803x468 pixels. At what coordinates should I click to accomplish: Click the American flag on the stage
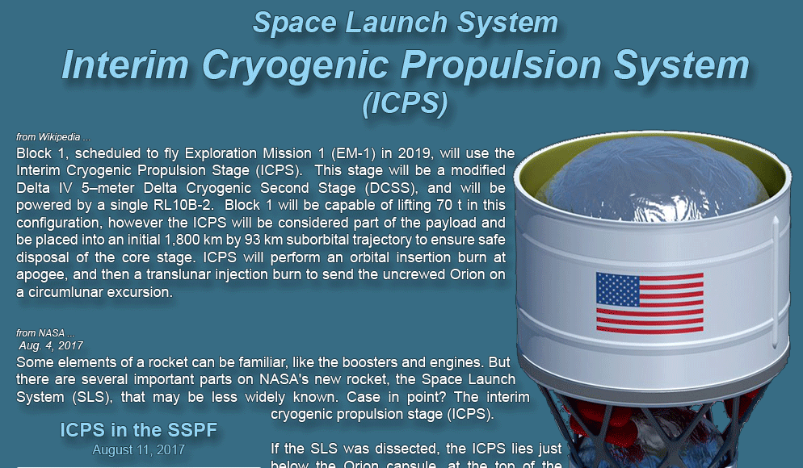coord(650,303)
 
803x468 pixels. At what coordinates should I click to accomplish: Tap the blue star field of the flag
coord(618,290)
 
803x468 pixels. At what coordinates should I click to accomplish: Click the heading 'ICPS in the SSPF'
coord(139,429)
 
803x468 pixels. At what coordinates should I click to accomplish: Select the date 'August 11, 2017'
coord(139,449)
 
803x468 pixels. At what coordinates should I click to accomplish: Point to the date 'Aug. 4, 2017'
coord(51,346)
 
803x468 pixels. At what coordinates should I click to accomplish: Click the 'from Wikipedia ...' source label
coord(53,137)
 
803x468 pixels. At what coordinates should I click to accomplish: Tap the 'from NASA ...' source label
coord(45,333)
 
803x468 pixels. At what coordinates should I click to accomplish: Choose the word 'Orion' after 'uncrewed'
coord(467,274)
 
